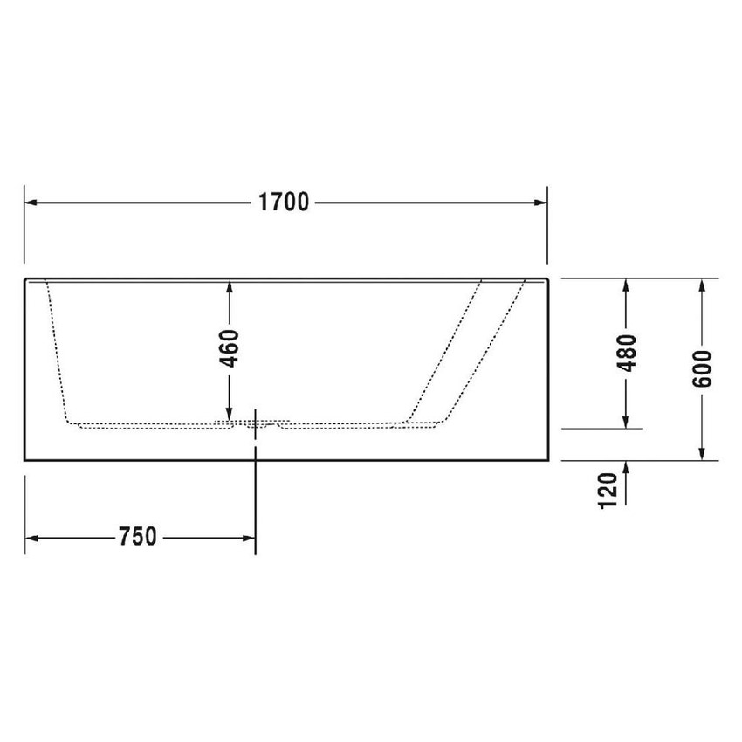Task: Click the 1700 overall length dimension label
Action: (285, 203)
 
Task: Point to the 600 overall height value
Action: (703, 368)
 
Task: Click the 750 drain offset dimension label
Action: (138, 536)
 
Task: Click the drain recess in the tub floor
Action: (255, 425)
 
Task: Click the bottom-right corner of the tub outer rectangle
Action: (547, 459)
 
